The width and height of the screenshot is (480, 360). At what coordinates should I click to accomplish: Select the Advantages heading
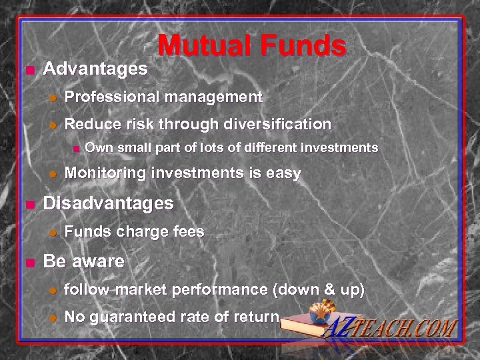pos(95,69)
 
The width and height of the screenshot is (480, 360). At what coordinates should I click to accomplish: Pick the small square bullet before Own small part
pos(76,147)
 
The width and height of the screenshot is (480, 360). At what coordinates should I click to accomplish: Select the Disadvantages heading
pos(108,202)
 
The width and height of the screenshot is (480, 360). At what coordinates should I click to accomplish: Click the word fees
pos(188,231)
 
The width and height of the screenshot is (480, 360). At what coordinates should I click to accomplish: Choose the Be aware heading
pos(83,261)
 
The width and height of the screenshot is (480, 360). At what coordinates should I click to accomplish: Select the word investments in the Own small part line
pos(339,147)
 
